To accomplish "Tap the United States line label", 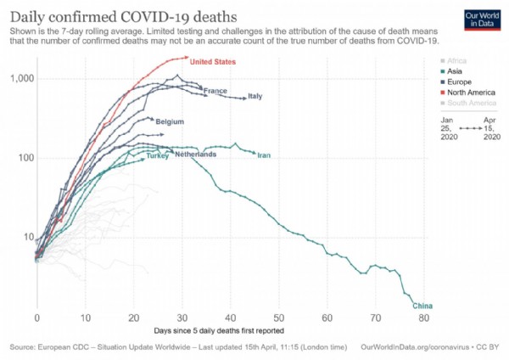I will tap(212, 62).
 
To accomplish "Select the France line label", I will tap(215, 91).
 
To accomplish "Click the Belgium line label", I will tap(170, 122).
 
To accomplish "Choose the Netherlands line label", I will tap(195, 155).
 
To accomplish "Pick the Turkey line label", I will tap(158, 156).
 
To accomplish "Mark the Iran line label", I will tap(264, 155).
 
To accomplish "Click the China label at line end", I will tap(422, 306).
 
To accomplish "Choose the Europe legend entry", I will tap(457, 83).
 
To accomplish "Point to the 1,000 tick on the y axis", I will tap(19, 79).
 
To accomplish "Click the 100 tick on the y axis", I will tap(22, 158).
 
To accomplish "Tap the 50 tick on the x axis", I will tap(279, 318).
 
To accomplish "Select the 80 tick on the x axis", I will tap(424, 318).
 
